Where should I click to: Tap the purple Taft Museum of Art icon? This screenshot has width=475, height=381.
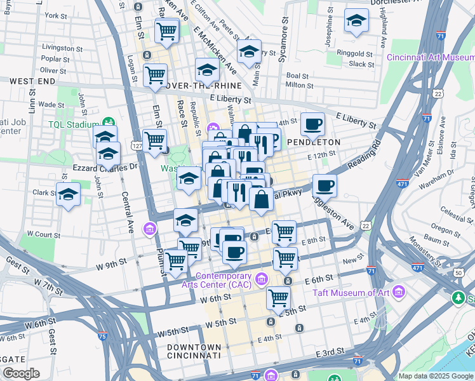pyautogui.click(x=398, y=292)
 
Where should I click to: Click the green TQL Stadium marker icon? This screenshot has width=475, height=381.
pyautogui.click(x=109, y=122)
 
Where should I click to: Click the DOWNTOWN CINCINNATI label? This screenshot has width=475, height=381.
pyautogui.click(x=194, y=352)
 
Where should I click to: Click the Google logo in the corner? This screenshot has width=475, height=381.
pyautogui.click(x=21, y=373)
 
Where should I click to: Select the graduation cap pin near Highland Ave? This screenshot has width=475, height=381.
pyautogui.click(x=356, y=21)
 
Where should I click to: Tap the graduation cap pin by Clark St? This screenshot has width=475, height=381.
pyautogui.click(x=68, y=194)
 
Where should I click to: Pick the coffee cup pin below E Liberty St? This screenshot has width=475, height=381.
pyautogui.click(x=312, y=124)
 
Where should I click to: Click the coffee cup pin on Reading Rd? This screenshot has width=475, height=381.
pyautogui.click(x=324, y=185)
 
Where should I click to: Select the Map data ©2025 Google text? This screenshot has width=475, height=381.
pyautogui.click(x=436, y=376)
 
